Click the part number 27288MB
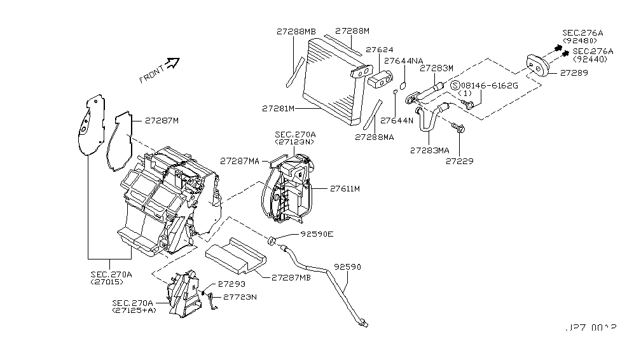pos(296,31)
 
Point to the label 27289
pos(574,73)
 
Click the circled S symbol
pos(455,85)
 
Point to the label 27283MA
pos(431,151)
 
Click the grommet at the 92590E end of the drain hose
pos(271,240)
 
